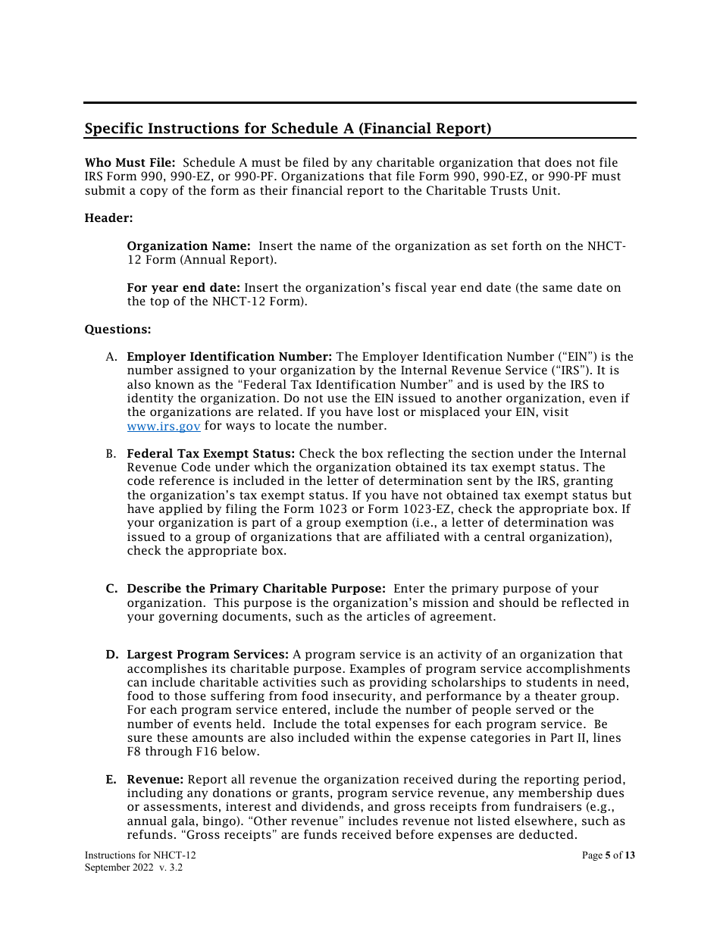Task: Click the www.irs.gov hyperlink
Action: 163,427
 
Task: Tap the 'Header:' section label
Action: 108,218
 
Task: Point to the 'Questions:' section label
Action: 117,329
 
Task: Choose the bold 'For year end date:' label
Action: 183,288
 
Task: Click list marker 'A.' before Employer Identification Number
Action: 111,357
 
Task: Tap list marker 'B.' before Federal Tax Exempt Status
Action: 111,454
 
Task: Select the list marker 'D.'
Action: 111,655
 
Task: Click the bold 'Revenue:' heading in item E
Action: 155,780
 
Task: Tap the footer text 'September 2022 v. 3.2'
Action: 133,868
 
